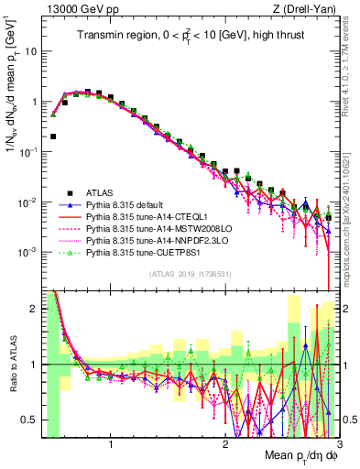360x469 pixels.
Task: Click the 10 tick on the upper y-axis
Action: coord(33,52)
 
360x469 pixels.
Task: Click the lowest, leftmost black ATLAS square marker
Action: coord(54,136)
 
